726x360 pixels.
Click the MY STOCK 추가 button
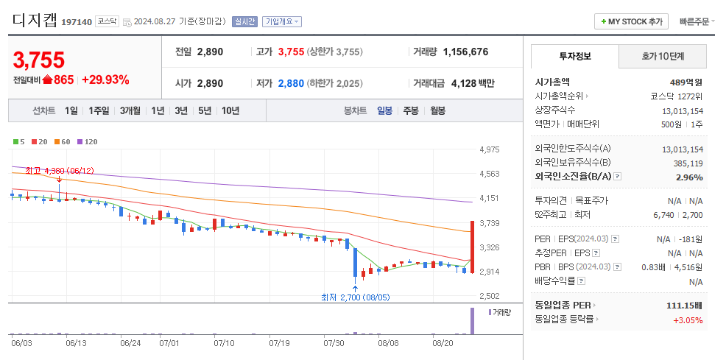[x=631, y=21]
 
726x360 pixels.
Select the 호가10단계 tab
[x=663, y=56]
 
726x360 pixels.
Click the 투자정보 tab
[x=575, y=56]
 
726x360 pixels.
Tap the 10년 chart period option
[x=230, y=110]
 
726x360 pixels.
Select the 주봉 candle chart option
[x=410, y=110]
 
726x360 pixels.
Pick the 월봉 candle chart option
[x=437, y=110]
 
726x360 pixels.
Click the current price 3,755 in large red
[x=39, y=60]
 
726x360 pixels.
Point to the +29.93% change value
[x=105, y=80]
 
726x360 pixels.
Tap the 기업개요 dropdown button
[x=282, y=21]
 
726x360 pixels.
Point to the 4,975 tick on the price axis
[x=490, y=149]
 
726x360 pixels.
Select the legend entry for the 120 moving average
[x=88, y=141]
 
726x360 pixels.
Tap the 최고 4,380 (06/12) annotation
[x=60, y=171]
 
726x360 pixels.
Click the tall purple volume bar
[x=472, y=321]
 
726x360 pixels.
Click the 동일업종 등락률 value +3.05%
[x=687, y=320]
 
